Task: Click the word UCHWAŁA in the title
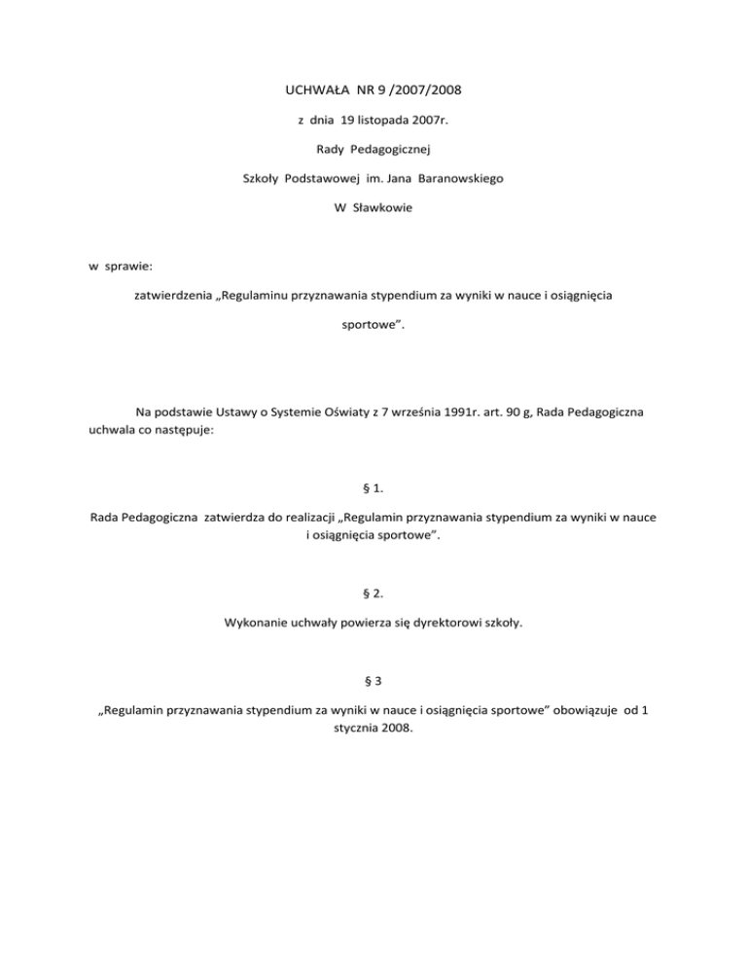[307, 94]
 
